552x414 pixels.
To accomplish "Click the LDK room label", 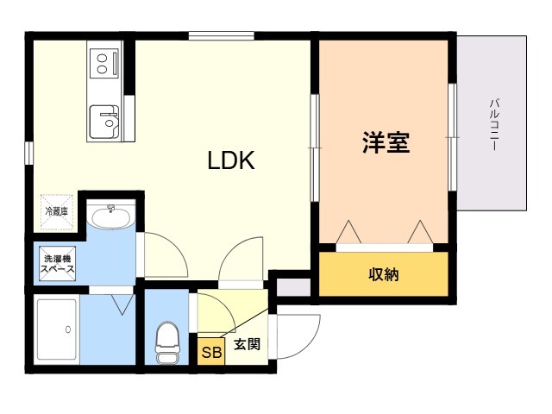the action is click(231, 160).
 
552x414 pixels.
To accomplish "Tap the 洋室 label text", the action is click(386, 142).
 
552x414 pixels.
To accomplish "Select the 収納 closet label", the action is click(384, 274).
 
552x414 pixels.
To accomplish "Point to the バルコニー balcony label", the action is click(494, 125).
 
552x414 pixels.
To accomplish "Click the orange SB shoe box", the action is click(211, 351).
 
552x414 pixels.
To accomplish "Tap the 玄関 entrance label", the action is click(248, 344).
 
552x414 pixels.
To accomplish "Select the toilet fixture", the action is click(167, 342).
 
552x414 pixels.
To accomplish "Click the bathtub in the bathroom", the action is click(57, 329).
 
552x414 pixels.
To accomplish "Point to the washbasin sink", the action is click(111, 216).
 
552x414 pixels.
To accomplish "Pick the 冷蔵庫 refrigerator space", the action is click(57, 211).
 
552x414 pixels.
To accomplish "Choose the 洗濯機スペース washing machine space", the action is click(58, 264).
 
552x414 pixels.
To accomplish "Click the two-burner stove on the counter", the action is click(104, 63).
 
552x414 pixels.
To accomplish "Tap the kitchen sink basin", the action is click(104, 122).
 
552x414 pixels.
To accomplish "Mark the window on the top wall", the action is click(221, 35).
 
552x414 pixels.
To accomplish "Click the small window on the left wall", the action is click(28, 153).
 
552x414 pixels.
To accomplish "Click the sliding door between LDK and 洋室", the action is click(314, 147).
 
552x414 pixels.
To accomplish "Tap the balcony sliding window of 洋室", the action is click(452, 137).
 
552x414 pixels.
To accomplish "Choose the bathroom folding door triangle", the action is click(122, 304).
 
